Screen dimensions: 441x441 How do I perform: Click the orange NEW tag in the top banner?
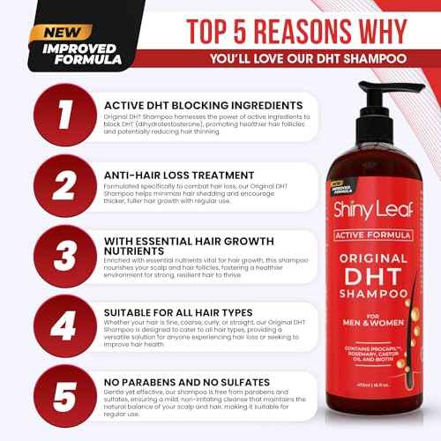coord(59,32)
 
